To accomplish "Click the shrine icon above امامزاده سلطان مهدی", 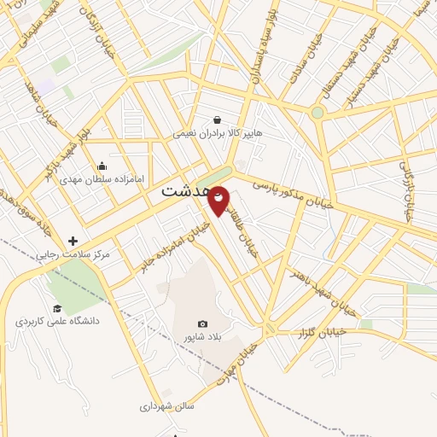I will (102, 166).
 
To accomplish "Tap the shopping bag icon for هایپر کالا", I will (219, 119).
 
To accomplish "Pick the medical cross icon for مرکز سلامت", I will (73, 241).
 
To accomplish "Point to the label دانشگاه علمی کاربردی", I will (57, 322).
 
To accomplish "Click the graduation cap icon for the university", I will (57, 308).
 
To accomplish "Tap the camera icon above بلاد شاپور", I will (202, 323).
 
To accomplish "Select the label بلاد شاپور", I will (202, 338).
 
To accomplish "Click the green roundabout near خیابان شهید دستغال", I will (318, 112).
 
